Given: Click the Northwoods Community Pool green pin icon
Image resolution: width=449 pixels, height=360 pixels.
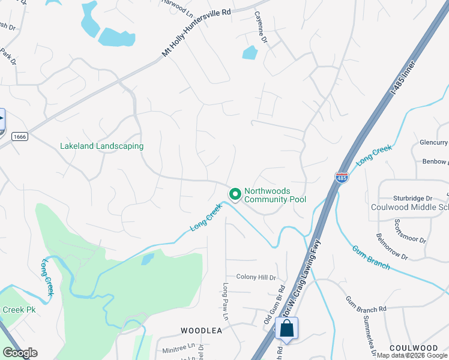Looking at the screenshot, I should [235, 194].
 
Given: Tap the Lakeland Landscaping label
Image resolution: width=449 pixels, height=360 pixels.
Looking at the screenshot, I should [101, 146].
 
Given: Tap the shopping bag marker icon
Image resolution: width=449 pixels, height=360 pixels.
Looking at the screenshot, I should [287, 328].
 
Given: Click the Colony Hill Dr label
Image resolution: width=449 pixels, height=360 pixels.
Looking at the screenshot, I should [256, 277].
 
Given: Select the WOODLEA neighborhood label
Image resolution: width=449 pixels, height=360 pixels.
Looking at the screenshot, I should [202, 331].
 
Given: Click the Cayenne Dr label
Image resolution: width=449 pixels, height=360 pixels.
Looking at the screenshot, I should [260, 28].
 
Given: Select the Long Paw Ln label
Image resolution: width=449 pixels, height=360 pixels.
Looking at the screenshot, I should [226, 301].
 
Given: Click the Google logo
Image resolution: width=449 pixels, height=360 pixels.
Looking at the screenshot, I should [20, 353].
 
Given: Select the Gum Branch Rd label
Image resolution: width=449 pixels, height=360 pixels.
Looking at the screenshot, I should [366, 303].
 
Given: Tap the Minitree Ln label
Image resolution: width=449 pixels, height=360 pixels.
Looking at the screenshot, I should [178, 347].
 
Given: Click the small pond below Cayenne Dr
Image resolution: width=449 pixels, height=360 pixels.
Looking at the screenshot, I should [250, 53].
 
